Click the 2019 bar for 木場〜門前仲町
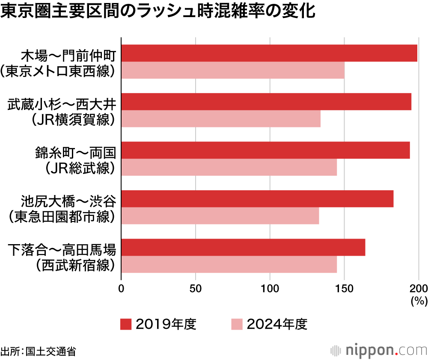coord(269,53)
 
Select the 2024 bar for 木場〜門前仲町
coord(233,70)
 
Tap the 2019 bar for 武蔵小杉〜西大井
coord(266,101)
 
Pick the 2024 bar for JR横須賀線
coord(221,118)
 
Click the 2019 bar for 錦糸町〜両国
coord(265,150)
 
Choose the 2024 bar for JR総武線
coord(229,167)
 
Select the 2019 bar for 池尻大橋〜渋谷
coord(257,198)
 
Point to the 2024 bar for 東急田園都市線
coord(220,215)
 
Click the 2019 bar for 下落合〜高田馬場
coord(243,247)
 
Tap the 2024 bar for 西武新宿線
coord(229,264)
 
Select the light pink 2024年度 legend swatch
coord(236,324)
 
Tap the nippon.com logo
coord(379,350)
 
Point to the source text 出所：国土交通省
coord(39,351)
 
